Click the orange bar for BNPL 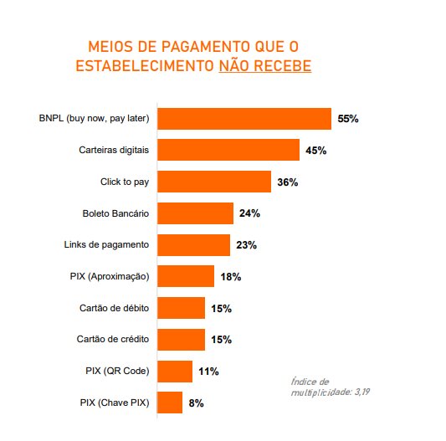point(244,119)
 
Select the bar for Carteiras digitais point(228,151)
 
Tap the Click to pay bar point(214,182)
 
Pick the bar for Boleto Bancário point(195,213)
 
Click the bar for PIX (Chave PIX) point(170,403)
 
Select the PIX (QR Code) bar point(175,372)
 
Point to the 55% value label point(348,119)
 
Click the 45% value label point(316,151)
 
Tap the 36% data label point(288,182)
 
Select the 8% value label point(197,403)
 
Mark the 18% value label point(231,277)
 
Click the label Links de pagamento point(106,245)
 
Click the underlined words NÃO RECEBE point(264,64)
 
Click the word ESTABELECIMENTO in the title point(145,64)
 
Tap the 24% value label point(249,213)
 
